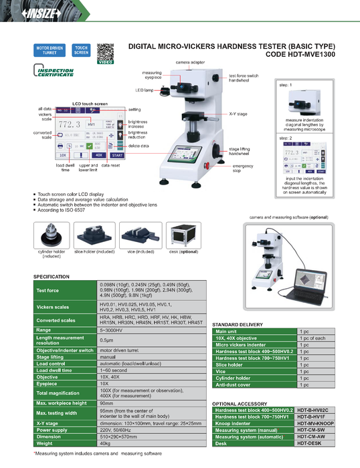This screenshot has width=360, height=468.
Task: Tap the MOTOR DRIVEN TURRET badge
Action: click(x=49, y=50)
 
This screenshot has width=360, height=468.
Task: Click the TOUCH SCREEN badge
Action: click(x=81, y=50)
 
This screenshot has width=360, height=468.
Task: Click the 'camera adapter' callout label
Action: click(x=190, y=61)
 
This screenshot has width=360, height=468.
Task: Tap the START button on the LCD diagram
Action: click(x=118, y=154)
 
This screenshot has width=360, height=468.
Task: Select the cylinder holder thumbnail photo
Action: click(x=50, y=235)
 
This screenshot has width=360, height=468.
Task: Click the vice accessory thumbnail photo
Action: click(x=140, y=235)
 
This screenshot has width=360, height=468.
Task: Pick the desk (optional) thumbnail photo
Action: click(x=183, y=235)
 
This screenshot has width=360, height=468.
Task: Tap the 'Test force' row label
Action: click(x=48, y=291)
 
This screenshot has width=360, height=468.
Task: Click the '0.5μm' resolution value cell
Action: click(x=106, y=340)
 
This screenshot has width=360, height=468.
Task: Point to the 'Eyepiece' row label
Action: click(x=47, y=384)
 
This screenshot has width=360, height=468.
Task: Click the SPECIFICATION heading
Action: click(x=51, y=277)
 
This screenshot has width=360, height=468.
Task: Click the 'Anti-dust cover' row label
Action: click(x=232, y=385)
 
